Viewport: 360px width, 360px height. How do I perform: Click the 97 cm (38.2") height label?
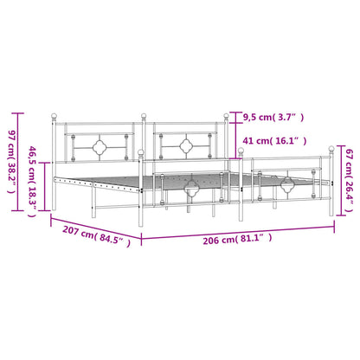pyautogui.click(x=11, y=162)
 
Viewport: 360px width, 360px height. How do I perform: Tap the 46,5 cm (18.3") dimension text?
pyautogui.click(x=32, y=182)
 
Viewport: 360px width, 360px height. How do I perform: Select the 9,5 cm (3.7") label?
pyautogui.click(x=273, y=117)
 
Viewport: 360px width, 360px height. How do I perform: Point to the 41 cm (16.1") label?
pyautogui.click(x=274, y=141)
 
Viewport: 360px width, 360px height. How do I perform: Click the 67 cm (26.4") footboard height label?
pyautogui.click(x=349, y=180)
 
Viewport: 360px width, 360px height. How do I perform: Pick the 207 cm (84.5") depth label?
pyautogui.click(x=96, y=235)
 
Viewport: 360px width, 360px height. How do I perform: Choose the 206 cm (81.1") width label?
pyautogui.click(x=237, y=239)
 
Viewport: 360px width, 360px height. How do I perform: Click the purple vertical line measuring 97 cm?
pyautogui.click(x=19, y=162)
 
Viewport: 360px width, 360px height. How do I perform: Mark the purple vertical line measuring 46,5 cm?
pyautogui.click(x=45, y=186)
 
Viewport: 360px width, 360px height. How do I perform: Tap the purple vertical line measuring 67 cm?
pyautogui.click(x=342, y=180)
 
